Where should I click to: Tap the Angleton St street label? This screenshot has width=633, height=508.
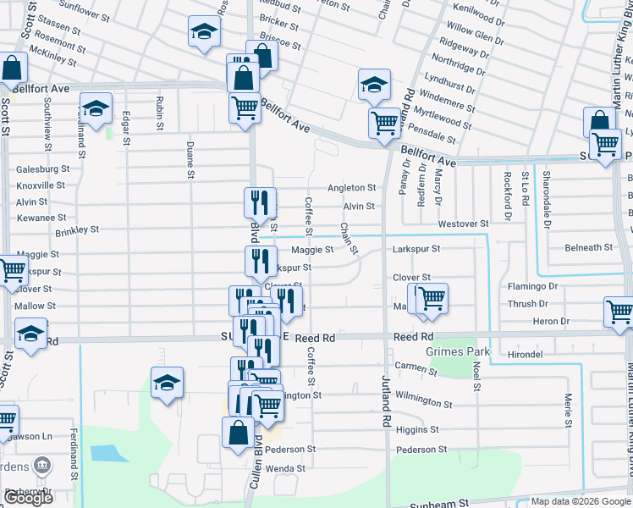coord(351,188)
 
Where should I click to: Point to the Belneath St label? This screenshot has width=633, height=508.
coord(588,248)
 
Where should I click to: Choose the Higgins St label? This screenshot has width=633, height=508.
coord(415,430)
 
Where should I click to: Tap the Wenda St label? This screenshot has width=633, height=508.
coord(285,468)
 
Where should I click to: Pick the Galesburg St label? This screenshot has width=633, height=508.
coord(42,169)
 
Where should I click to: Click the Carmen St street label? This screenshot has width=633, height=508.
coord(416,367)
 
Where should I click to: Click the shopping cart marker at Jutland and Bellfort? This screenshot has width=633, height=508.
coord(384,123)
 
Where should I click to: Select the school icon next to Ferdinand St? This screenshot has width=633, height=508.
coord(96,108)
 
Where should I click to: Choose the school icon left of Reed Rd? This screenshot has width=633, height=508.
coord(30,334)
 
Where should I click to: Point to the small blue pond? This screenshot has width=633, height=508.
coord(106,452)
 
